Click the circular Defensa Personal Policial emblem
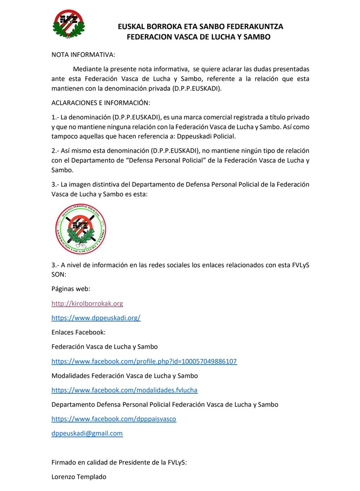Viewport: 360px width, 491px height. coord(81,230)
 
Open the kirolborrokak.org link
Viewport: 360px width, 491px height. coord(87,304)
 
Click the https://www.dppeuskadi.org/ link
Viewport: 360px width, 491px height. coord(96,318)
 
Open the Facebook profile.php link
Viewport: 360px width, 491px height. coord(144,361)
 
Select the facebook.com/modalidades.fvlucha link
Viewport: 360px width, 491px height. coord(124,390)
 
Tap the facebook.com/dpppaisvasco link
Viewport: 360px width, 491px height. coord(114,419)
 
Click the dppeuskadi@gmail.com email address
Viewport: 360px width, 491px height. coord(87,433)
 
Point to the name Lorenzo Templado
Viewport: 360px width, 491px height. coord(79,477)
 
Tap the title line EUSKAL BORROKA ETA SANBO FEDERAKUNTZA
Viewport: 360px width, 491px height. coord(200,27)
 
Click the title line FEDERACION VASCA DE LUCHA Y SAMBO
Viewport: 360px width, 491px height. coord(199,37)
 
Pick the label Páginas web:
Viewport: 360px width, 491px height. coord(71,289)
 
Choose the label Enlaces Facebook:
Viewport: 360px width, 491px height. coord(78,332)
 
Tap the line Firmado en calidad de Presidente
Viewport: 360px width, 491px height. coord(119,462)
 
